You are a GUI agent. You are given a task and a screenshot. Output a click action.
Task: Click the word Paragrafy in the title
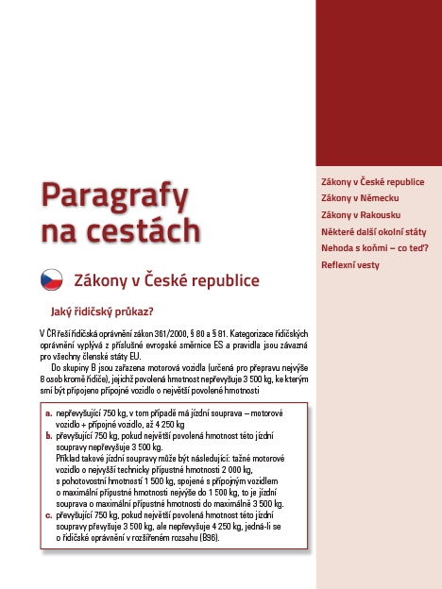pos(113,196)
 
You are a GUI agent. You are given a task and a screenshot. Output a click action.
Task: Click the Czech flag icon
pos(51,280)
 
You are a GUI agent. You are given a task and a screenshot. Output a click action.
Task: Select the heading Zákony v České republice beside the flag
pos(166,280)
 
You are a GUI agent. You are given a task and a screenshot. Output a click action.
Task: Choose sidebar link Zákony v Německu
pos(360,197)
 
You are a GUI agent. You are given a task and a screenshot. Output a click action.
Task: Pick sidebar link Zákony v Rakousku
pos(359,214)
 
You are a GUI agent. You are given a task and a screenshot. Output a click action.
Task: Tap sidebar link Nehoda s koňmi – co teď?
pos(376,248)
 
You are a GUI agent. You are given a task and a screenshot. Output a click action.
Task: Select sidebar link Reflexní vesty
pos(350,265)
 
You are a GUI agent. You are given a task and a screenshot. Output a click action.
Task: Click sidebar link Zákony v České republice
pos(373,181)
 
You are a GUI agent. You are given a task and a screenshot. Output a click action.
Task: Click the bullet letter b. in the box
pos(49,435)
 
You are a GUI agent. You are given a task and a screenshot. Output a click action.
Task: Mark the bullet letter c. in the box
pos(49,515)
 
